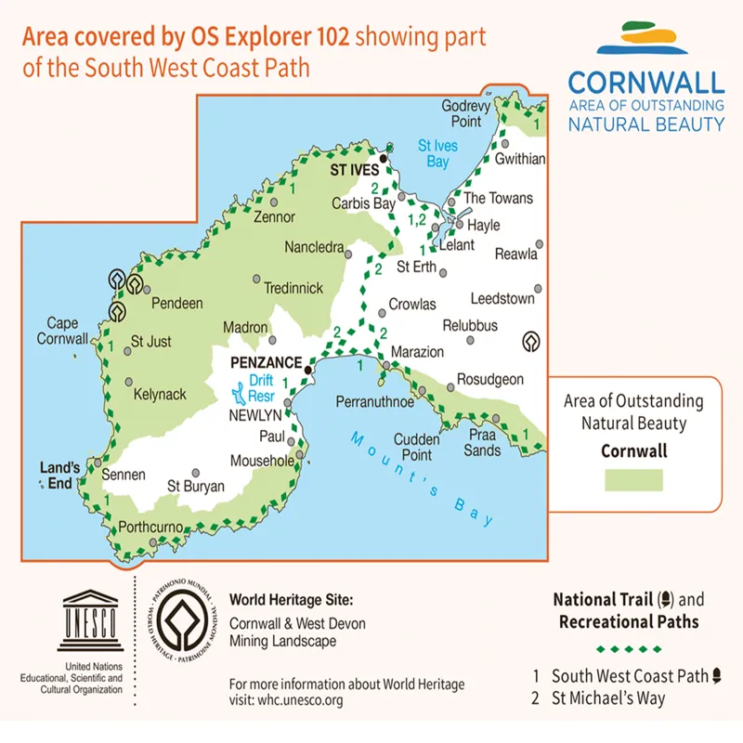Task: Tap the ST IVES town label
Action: pyautogui.click(x=354, y=171)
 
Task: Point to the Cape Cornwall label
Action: pyautogui.click(x=62, y=332)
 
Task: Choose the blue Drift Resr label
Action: pyautogui.click(x=260, y=385)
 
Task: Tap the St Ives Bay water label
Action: pyautogui.click(x=433, y=153)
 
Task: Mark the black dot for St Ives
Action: pyautogui.click(x=381, y=159)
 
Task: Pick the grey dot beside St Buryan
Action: pyautogui.click(x=196, y=472)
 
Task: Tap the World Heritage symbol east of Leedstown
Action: pyautogui.click(x=532, y=341)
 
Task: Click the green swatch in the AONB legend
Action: pyautogui.click(x=633, y=480)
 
